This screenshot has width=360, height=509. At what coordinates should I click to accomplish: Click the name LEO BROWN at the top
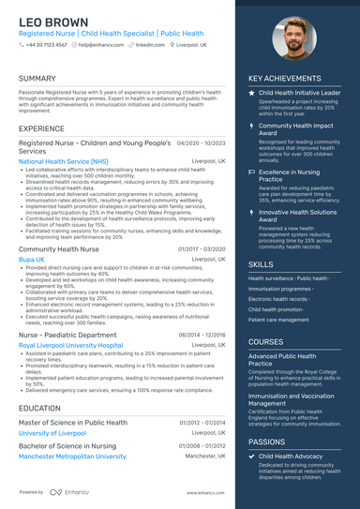pyautogui.click(x=54, y=22)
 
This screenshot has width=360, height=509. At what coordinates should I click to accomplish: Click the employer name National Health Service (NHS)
pyautogui.click(x=63, y=161)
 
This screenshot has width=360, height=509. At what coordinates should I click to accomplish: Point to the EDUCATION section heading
pyautogui.click(x=39, y=409)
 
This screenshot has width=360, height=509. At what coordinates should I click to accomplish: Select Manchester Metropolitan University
pyautogui.click(x=72, y=457)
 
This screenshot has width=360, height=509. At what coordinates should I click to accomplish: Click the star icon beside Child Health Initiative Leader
pyautogui.click(x=251, y=94)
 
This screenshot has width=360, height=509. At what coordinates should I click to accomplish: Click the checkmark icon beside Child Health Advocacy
pyautogui.click(x=251, y=456)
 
